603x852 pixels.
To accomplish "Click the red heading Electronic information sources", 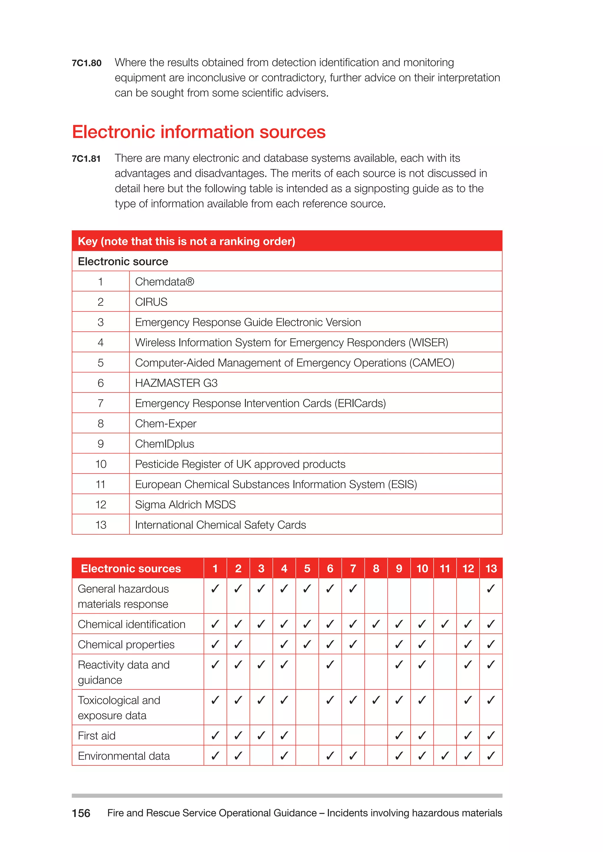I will coord(199,132).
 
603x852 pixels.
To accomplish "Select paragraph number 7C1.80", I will coord(87,63).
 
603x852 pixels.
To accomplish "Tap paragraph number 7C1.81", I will coord(86,159).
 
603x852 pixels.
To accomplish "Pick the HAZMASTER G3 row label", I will coord(176,383).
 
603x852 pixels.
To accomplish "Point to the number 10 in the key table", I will coord(101,464).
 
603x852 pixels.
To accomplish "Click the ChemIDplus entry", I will coord(165,444).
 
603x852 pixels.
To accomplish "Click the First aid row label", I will coord(97,735).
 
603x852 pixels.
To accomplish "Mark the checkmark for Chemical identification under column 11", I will coord(445,624).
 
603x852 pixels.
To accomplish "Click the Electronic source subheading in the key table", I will coord(123,262).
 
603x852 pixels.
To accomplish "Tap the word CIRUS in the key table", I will coord(151,302).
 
